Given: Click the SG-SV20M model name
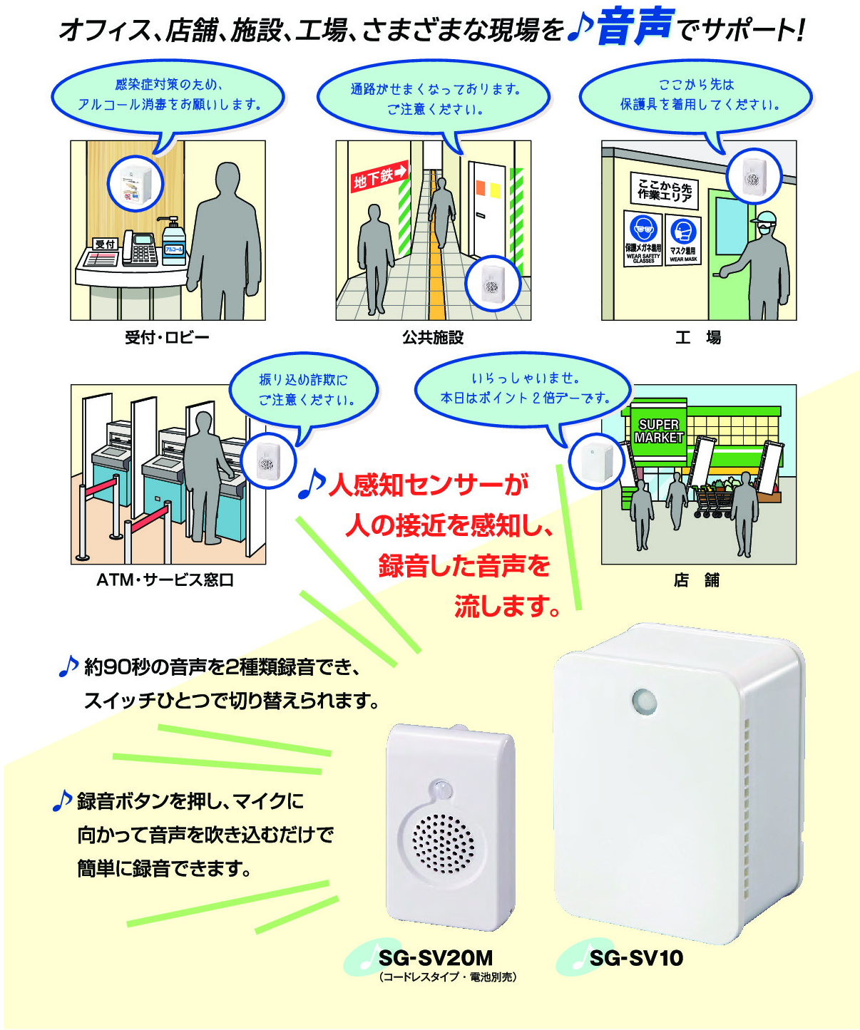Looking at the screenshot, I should (x=435, y=958).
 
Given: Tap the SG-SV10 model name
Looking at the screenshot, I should (x=636, y=958).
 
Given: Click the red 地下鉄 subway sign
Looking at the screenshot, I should (x=379, y=177).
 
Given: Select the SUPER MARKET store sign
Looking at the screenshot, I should (x=658, y=431).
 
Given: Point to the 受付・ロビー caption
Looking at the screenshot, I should (x=167, y=337).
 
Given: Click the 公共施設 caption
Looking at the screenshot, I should (x=433, y=337).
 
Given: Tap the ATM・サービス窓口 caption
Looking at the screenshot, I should (x=165, y=580).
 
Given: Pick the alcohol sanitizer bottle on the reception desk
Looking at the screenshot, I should (x=173, y=242).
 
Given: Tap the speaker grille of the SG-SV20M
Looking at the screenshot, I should (x=443, y=844).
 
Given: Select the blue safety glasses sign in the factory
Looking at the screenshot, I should (x=643, y=238).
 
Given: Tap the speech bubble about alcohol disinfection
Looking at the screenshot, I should (x=168, y=96).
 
